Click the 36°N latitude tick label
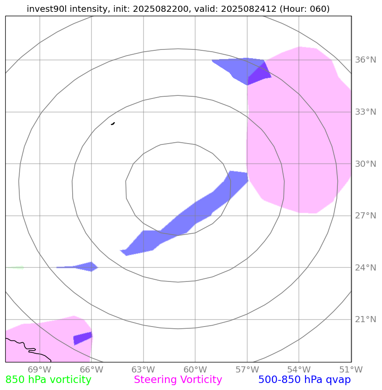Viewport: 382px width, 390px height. point(365,60)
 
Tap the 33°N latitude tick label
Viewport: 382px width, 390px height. point(365,112)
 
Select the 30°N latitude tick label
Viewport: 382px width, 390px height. point(365,164)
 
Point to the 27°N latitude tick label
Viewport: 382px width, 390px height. point(365,215)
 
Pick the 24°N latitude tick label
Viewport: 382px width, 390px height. point(365,267)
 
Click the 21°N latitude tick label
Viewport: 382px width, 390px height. point(365,319)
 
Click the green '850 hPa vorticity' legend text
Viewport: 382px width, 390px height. point(48,380)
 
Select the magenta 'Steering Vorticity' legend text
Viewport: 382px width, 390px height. point(178,380)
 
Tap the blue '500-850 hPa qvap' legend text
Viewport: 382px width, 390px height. point(305,380)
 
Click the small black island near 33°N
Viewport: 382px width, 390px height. point(113,123)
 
